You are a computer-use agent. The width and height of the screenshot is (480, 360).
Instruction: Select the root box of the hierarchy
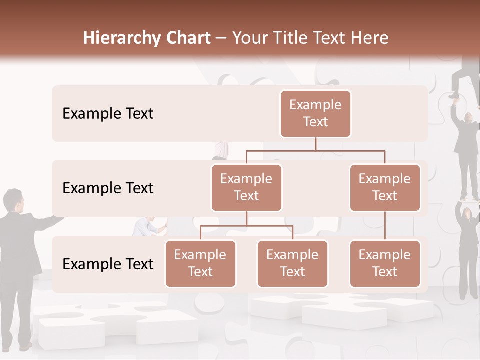tap(315, 114)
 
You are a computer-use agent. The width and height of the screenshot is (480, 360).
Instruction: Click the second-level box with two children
tap(246, 188)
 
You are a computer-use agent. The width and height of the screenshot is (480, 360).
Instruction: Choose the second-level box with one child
tap(385, 188)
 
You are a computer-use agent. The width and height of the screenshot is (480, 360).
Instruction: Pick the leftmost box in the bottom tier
tap(200, 264)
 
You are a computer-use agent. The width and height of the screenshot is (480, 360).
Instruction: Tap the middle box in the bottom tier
tap(292, 264)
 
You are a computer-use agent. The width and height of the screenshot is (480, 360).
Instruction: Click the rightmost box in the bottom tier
tap(385, 264)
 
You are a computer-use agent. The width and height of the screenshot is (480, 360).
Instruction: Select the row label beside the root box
tap(108, 114)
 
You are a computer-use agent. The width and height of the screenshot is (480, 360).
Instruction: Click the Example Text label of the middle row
tap(108, 188)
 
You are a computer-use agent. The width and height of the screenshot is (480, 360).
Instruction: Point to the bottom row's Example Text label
tap(108, 264)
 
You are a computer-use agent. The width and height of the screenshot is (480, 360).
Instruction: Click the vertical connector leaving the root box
tap(315, 144)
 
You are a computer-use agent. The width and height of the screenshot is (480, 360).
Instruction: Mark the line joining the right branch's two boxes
tap(385, 226)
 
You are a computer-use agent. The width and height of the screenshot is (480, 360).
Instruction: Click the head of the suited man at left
tap(12, 200)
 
